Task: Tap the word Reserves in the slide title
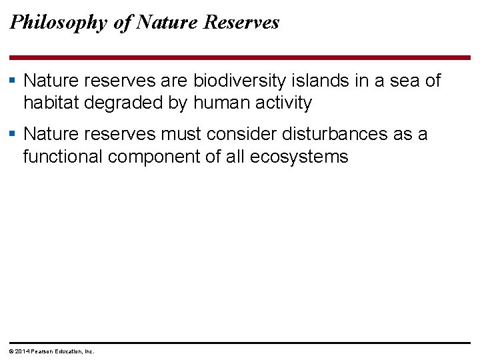(x=241, y=22)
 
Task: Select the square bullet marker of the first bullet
(x=15, y=81)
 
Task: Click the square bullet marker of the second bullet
(x=15, y=134)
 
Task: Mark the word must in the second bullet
(x=181, y=134)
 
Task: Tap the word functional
(x=63, y=157)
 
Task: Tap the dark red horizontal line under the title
(x=240, y=58)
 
